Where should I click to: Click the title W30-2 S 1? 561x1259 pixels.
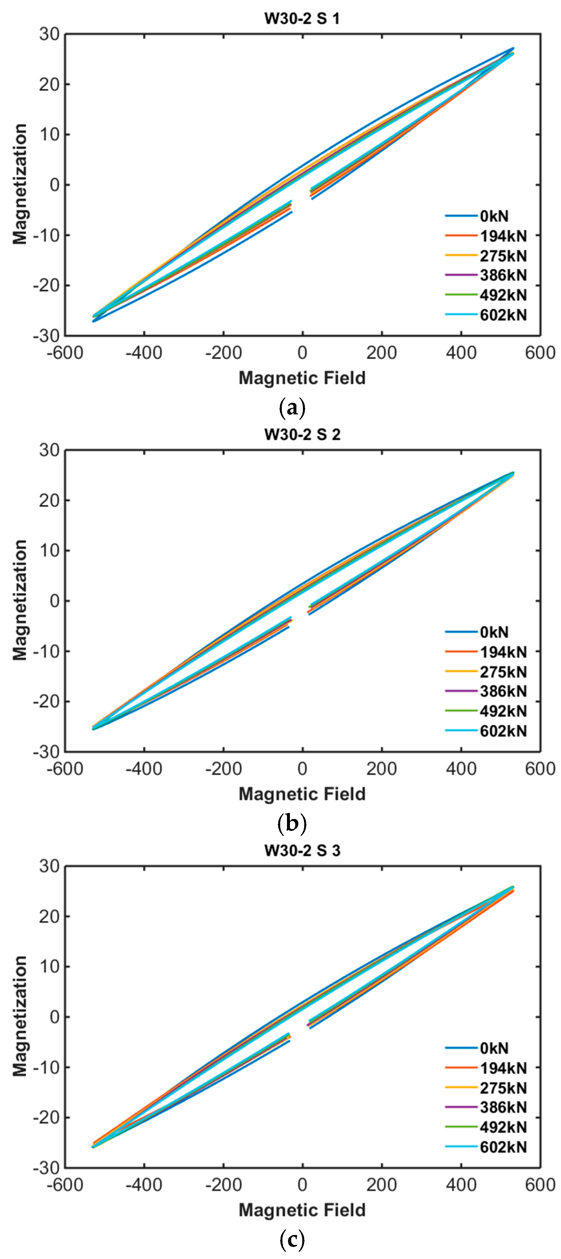[302, 18]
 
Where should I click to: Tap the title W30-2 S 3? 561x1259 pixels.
[302, 850]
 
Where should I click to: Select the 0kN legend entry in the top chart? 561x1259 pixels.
[494, 216]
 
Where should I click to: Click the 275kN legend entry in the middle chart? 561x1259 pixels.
[503, 672]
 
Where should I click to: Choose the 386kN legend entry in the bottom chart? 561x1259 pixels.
[503, 1107]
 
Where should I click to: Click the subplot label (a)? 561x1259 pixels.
[292, 407]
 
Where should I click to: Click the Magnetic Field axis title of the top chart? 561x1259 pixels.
[302, 378]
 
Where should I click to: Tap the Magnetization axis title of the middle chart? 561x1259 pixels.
[19, 600]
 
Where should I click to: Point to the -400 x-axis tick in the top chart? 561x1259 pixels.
[144, 352]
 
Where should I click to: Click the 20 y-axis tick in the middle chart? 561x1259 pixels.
[49, 500]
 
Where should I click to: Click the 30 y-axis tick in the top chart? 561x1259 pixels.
[49, 34]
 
